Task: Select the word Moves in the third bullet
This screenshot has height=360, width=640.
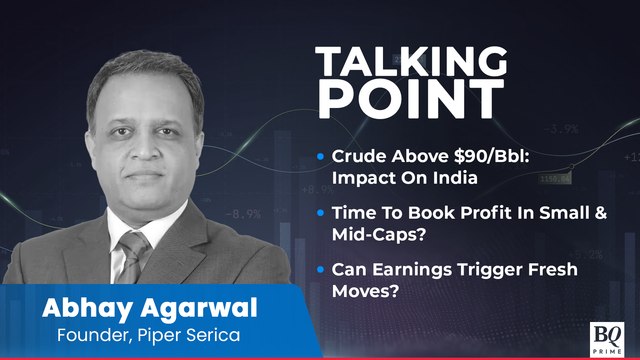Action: tap(363, 291)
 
